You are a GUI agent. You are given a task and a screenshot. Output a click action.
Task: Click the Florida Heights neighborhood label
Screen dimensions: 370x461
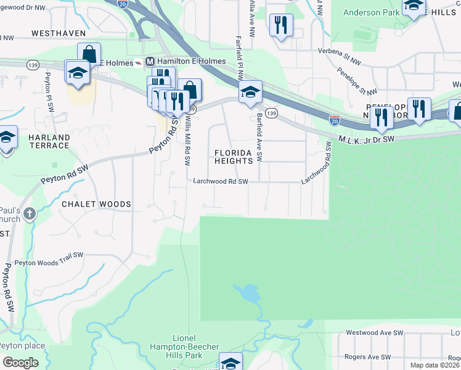pos(234,157)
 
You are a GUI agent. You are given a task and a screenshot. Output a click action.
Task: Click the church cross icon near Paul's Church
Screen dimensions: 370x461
pos(30,214)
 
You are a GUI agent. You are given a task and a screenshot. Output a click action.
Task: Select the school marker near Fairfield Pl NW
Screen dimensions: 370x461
pos(250,92)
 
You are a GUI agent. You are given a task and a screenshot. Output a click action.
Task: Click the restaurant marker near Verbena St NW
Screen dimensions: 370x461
pos(281,25)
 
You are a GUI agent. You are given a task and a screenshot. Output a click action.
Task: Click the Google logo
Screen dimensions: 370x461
pos(20,363)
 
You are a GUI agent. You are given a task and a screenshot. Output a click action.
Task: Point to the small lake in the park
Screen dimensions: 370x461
pos(248,294)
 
